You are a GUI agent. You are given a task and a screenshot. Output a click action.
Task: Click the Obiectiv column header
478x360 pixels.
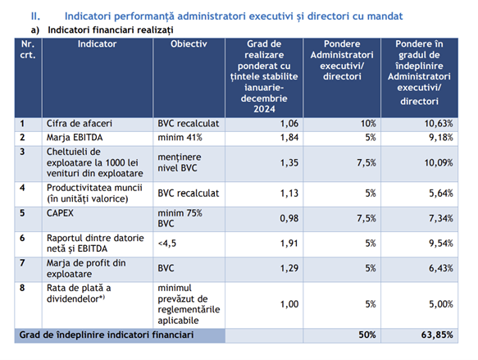(189, 44)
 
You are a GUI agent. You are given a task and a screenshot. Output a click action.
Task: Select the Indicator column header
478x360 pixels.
(97, 44)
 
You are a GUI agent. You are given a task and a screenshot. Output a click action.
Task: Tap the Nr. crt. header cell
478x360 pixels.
(28, 49)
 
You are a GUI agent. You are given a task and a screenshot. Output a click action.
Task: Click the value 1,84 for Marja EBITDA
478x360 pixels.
(289, 138)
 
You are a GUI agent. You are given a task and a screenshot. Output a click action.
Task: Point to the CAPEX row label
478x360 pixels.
(60, 212)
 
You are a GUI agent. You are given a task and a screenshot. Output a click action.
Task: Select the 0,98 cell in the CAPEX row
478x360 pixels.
(289, 218)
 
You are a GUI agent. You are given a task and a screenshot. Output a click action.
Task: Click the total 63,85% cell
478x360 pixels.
(437, 335)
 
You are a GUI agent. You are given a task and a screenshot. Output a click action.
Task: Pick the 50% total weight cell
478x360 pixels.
(367, 335)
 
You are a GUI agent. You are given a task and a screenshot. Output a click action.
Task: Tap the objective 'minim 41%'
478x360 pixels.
(180, 138)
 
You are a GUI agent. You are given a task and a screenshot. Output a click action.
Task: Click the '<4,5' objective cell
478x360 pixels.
(166, 244)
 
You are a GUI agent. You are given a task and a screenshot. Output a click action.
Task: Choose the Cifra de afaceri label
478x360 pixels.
(80, 124)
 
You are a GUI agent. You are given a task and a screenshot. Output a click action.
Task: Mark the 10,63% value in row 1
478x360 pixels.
(439, 124)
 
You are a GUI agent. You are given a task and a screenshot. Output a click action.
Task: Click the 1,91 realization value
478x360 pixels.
(289, 244)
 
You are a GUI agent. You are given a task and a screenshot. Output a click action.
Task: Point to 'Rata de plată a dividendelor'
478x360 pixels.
(79, 294)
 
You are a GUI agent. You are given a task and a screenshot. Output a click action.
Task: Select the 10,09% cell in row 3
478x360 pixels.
(439, 162)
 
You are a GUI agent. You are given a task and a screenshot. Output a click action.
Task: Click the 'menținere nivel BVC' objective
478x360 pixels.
(180, 162)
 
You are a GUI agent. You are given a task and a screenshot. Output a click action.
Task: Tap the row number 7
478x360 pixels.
(22, 262)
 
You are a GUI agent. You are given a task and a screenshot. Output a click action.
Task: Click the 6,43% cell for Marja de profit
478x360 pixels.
(441, 268)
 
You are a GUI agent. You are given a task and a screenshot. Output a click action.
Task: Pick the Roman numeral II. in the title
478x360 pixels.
(35, 16)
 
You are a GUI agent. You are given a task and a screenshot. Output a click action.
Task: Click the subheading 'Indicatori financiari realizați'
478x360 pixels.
(111, 30)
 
